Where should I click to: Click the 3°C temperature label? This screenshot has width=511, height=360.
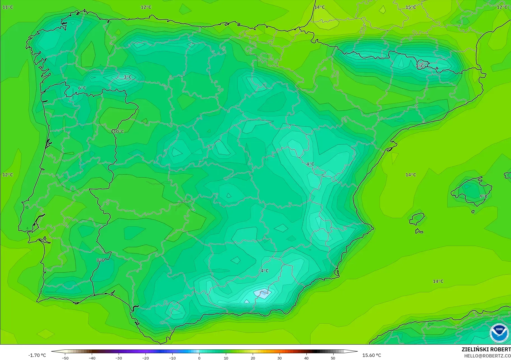click(128, 77)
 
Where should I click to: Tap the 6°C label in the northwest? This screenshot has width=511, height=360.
click(82, 88)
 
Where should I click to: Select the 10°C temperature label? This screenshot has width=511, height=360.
click(119, 131)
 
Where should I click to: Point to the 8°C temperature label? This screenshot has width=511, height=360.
click(100, 260)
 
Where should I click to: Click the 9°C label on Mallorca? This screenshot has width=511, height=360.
click(484, 196)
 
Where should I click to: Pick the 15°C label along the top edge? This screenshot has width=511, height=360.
click(411, 7)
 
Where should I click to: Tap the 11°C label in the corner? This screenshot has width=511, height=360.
click(8, 7)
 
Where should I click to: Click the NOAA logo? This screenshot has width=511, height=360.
click(499, 333)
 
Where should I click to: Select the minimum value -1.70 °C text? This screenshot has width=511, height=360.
click(37, 355)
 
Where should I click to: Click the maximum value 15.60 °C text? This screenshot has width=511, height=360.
click(372, 355)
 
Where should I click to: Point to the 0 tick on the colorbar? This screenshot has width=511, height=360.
click(199, 358)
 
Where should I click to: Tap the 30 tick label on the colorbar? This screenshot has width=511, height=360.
click(279, 358)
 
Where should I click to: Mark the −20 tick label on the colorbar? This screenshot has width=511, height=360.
click(145, 358)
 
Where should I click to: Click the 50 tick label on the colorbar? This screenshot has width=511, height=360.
click(333, 358)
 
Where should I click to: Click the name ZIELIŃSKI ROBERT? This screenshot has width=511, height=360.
click(486, 349)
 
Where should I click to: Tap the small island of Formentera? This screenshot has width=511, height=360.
click(419, 231)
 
